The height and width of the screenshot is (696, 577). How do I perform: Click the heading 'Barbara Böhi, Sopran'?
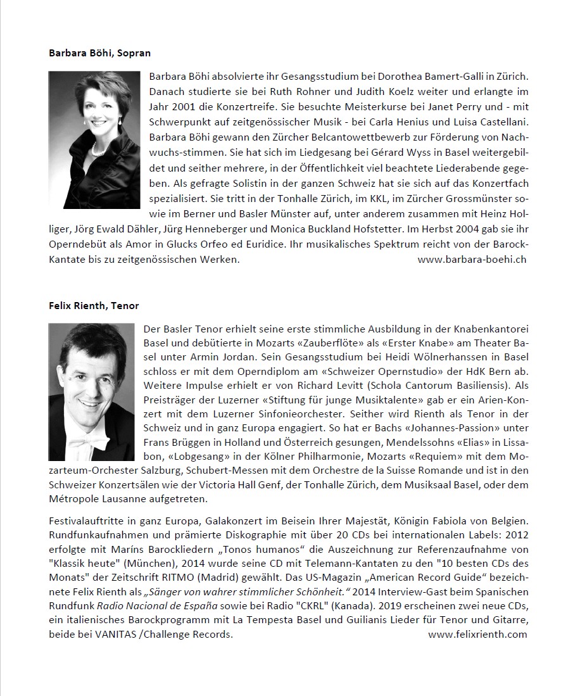pyautogui.click(x=99, y=53)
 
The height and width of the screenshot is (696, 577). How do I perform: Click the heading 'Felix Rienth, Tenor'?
pyautogui.click(x=94, y=305)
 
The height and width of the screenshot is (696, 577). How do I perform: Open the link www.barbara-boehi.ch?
pyautogui.click(x=472, y=259)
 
